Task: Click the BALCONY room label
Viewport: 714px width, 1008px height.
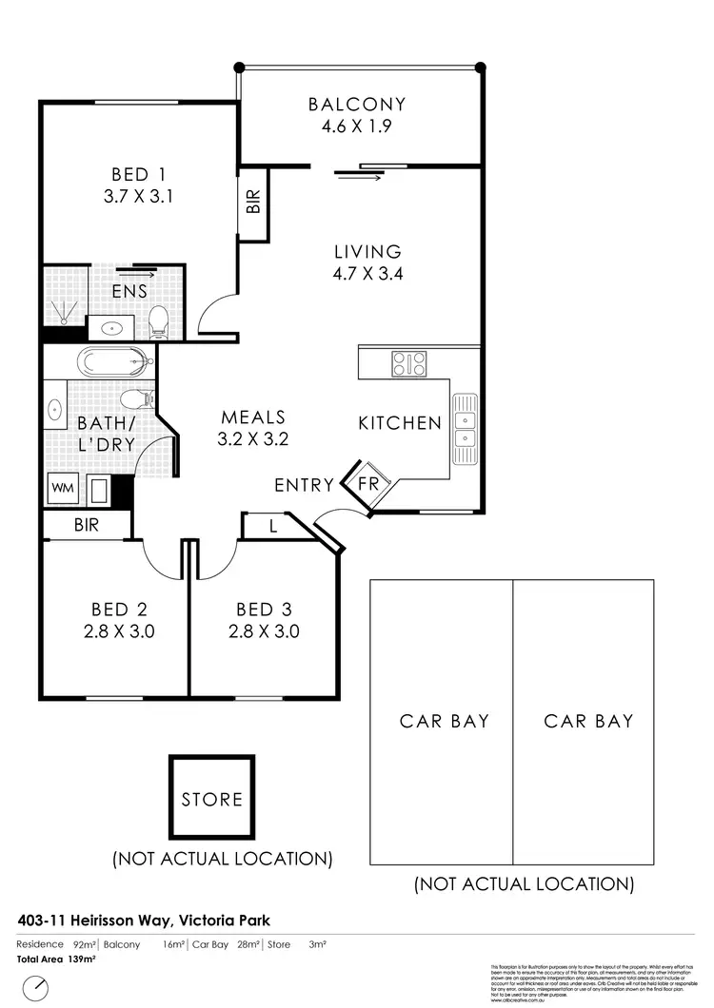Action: coord(357,105)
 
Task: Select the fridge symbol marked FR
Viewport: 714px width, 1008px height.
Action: coord(367,484)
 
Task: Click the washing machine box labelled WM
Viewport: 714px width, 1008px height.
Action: coord(63,488)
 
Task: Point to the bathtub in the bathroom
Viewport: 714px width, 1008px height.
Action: coord(114,361)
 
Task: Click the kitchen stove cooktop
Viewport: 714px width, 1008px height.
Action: coord(410,362)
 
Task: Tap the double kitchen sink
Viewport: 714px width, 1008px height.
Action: coord(466,430)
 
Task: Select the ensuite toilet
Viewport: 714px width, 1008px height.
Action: coord(159,320)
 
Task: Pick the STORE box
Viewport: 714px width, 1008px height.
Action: coord(212,799)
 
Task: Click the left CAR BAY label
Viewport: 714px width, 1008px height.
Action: coord(445,721)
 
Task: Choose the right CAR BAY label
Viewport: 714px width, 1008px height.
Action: coord(588,721)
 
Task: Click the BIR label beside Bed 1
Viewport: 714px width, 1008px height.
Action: coord(252,203)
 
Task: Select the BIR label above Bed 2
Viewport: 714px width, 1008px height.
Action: coord(87,524)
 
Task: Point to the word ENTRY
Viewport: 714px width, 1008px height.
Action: coord(304,485)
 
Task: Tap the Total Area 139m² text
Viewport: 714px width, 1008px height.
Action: coord(57,960)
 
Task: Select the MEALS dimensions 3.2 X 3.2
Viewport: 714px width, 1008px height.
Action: coord(253,439)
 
